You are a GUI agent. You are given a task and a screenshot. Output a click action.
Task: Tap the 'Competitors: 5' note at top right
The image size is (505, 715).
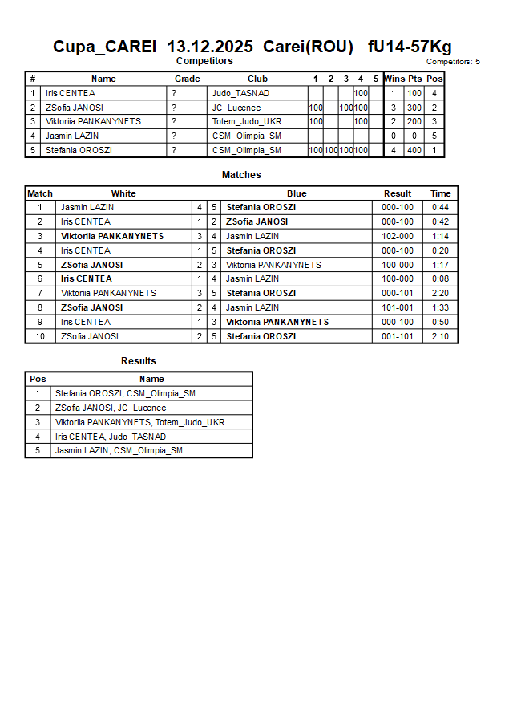click(453, 62)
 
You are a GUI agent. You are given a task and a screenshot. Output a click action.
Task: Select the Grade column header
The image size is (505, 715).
click(187, 79)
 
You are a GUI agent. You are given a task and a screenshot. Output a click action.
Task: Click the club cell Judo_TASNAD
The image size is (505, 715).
click(240, 93)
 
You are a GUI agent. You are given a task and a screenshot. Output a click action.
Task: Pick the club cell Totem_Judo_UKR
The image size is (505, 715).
click(247, 122)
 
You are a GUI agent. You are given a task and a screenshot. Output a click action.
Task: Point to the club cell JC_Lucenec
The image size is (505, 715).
click(237, 108)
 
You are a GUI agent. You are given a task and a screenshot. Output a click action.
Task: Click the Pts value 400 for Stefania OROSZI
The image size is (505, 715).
click(414, 150)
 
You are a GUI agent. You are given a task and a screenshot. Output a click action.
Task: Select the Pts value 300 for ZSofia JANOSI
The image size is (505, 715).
click(414, 108)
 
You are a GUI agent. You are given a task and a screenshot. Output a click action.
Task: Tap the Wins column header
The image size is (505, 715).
click(394, 79)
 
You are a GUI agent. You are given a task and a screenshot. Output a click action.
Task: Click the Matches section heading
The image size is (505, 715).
click(241, 175)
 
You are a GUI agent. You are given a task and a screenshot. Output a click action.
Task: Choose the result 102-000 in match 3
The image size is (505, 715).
click(397, 236)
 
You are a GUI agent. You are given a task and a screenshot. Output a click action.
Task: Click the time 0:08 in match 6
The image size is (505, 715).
click(440, 279)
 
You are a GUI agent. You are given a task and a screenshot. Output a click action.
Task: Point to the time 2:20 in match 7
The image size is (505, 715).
click(440, 294)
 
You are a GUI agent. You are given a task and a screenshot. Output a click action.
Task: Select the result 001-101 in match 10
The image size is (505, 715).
click(397, 336)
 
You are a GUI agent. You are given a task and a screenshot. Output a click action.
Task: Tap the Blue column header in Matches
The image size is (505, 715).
click(297, 193)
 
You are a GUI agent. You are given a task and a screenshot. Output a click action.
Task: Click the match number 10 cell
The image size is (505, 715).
click(39, 336)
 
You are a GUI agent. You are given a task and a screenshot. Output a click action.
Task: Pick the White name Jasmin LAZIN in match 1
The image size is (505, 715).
click(87, 207)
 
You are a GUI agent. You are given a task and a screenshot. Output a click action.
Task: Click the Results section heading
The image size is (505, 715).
click(139, 361)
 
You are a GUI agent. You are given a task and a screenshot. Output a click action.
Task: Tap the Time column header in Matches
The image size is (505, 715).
click(440, 193)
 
